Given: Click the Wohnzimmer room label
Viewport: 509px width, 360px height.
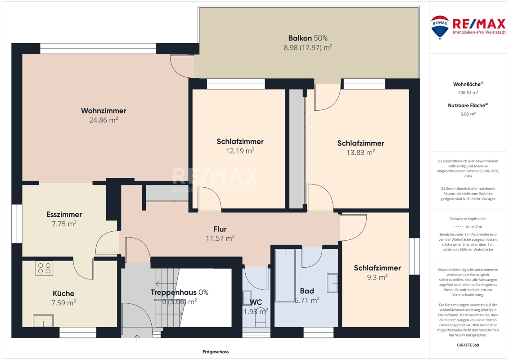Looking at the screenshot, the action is pos(104,111).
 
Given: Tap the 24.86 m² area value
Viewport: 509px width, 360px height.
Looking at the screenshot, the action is pos(104,120).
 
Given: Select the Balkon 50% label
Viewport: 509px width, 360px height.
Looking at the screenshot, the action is pos(308,38).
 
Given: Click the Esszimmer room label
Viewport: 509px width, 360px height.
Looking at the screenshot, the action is pos(64,215).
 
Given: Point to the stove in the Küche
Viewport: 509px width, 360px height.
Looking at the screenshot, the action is pos(44,268).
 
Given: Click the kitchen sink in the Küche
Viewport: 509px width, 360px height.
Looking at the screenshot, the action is pos(43,321).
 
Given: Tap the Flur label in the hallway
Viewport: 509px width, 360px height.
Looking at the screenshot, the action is pos(220,229).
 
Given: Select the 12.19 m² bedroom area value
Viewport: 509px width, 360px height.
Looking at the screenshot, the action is pos(240,151).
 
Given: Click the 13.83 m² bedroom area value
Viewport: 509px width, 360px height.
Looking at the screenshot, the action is pos(360,153).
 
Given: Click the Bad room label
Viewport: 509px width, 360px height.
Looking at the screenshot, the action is pos(307,291).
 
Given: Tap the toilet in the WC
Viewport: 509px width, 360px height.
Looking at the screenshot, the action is pos(260,319).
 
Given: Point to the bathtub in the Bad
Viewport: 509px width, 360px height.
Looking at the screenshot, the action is pos(285,275).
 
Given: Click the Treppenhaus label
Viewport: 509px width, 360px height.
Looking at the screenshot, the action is pos(173,292).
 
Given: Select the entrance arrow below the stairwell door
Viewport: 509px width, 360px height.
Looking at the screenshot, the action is pos(137,338).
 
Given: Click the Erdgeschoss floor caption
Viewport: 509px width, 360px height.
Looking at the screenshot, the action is pos(216,352).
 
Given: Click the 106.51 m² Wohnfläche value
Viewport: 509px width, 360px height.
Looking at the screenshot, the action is pos(468,93).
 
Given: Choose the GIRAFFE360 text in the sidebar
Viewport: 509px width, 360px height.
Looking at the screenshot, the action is pos(468,345).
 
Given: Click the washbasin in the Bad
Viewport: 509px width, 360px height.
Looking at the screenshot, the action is pos(333,283).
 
